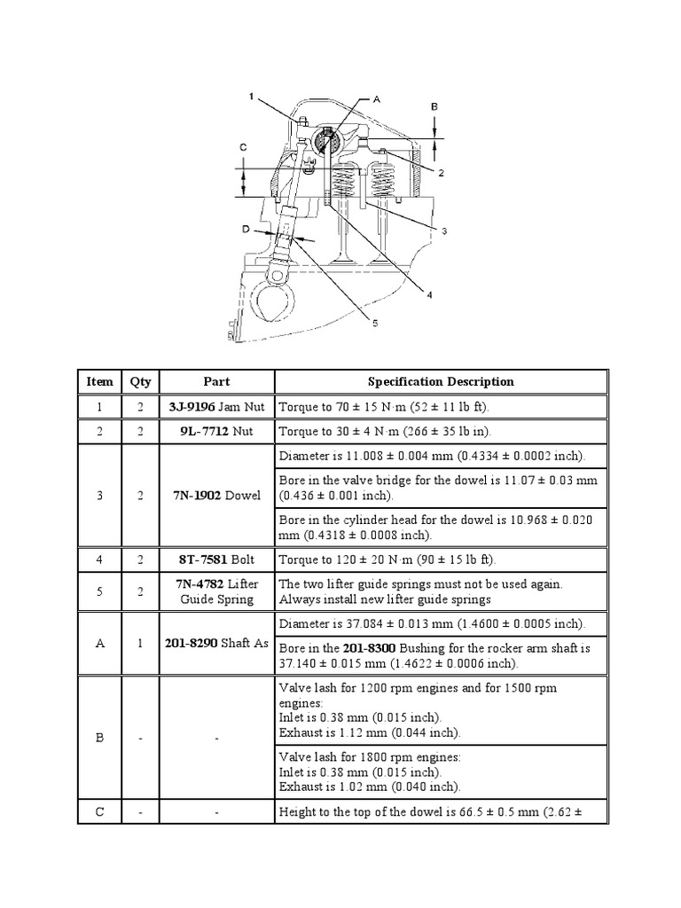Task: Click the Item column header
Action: click(x=100, y=382)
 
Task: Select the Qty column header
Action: click(x=140, y=382)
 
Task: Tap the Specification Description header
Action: click(x=440, y=382)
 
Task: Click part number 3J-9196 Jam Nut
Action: click(x=216, y=407)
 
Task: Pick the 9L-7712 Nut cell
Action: click(x=216, y=432)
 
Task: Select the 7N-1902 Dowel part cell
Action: click(x=216, y=496)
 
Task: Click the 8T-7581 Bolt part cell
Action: click(x=216, y=560)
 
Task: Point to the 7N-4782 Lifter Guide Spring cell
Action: click(x=216, y=591)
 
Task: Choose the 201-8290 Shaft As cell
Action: click(x=216, y=643)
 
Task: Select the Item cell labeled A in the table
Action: click(x=100, y=643)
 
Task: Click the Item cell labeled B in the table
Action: click(x=100, y=736)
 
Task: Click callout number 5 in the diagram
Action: click(x=374, y=325)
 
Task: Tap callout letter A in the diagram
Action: click(x=376, y=100)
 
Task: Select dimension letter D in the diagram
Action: click(x=246, y=230)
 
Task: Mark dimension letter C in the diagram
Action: click(x=242, y=146)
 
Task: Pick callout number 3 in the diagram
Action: click(x=444, y=231)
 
